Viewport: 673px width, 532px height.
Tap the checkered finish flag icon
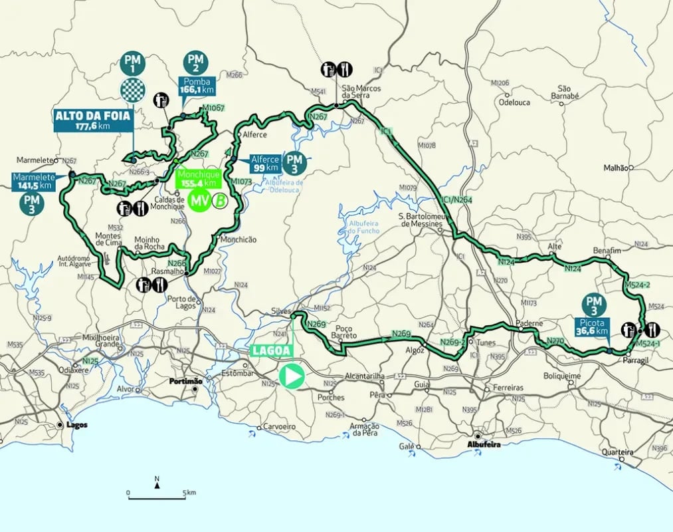(131, 89)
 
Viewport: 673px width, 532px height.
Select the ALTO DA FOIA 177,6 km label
(94, 120)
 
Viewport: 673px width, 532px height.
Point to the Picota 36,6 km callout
(593, 325)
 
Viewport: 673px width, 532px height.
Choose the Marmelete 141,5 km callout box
(32, 181)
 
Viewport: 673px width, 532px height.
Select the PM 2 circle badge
(196, 61)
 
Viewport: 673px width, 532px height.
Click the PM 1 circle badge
(131, 63)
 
